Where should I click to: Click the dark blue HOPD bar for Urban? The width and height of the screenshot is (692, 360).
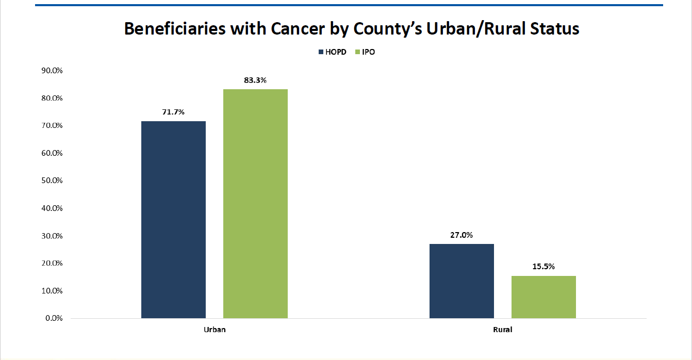[173, 219]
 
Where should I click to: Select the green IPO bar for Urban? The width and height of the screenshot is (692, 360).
[255, 204]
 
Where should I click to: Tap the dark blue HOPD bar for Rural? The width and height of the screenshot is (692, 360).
[462, 281]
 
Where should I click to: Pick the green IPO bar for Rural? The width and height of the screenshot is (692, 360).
[543, 297]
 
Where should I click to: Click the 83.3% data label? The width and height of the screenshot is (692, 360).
[255, 80]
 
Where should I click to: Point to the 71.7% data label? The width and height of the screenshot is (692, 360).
[173, 112]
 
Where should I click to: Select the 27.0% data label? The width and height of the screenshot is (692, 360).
[462, 235]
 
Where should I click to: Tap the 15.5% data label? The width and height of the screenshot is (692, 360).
[543, 267]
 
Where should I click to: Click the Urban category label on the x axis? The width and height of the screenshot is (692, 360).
[215, 330]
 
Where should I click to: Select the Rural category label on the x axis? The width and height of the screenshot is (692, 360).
[503, 330]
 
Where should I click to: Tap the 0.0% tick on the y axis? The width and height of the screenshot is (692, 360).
[54, 318]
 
